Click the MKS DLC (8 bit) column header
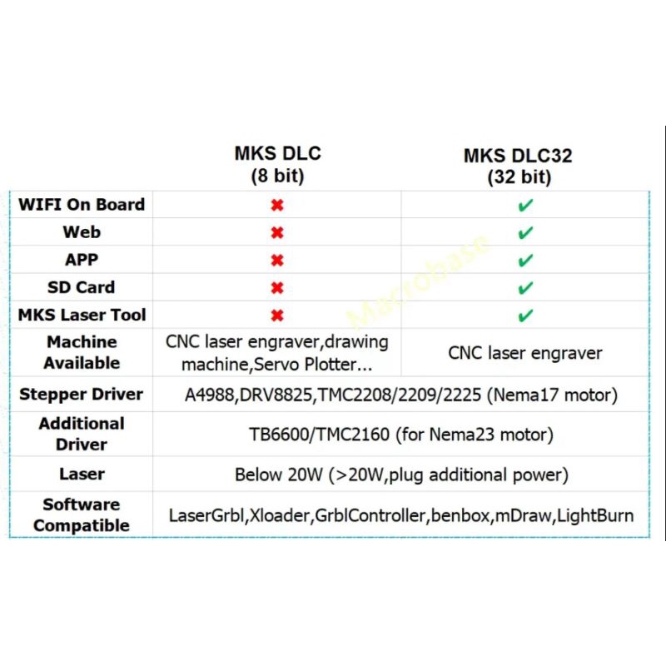click(x=277, y=165)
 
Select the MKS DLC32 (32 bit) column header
click(x=518, y=166)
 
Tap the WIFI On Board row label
click(x=82, y=205)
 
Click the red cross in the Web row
click(x=277, y=233)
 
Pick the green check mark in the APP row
click(x=524, y=261)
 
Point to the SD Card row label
click(x=82, y=287)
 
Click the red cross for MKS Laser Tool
click(x=277, y=316)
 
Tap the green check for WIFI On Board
click(x=524, y=206)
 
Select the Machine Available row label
click(x=82, y=352)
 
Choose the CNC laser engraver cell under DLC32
click(x=524, y=353)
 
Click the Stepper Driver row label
click(x=82, y=395)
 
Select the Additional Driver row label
click(x=82, y=434)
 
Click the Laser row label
click(x=82, y=475)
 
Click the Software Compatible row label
click(x=82, y=514)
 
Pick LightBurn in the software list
click(x=594, y=515)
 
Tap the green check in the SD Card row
click(x=524, y=288)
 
